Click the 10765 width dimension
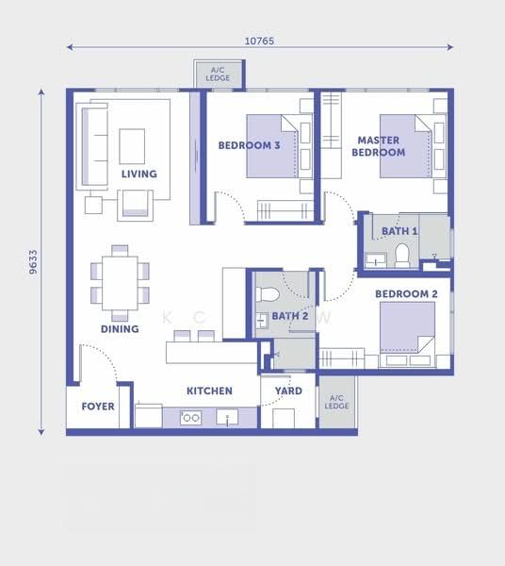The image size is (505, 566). click(x=259, y=41)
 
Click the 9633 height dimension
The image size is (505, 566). click(x=33, y=262)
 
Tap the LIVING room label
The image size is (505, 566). click(x=139, y=174)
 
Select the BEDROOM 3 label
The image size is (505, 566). click(x=249, y=145)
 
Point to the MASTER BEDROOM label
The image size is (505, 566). click(x=379, y=146)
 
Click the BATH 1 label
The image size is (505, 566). click(x=399, y=231)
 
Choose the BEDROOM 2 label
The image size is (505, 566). click(x=406, y=294)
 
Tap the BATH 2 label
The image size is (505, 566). click(x=290, y=316)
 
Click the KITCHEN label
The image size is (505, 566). click(x=209, y=391)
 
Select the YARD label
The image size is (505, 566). click(x=288, y=391)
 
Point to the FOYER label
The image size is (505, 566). click(x=98, y=407)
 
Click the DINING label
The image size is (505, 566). click(x=120, y=329)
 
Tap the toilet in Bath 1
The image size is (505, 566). click(x=402, y=256)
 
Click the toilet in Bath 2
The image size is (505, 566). click(x=267, y=294)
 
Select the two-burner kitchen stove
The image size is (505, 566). click(x=191, y=418)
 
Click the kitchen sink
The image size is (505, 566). click(x=227, y=417)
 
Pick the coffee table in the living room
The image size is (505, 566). click(x=132, y=146)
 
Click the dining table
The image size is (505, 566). click(x=120, y=283)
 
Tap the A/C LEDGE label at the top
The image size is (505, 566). click(x=218, y=74)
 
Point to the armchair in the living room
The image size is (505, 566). click(x=135, y=205)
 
